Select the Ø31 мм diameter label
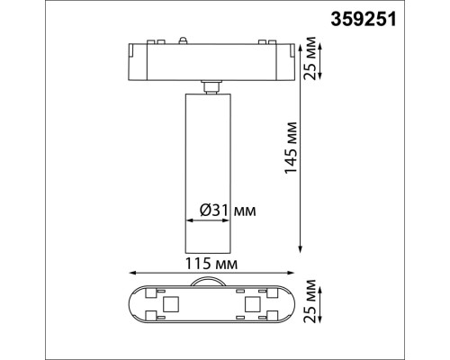(226, 211)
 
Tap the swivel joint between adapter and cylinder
(211, 85)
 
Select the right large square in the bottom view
(251, 307)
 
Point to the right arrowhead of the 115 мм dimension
(292, 273)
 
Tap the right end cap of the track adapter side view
(286, 59)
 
